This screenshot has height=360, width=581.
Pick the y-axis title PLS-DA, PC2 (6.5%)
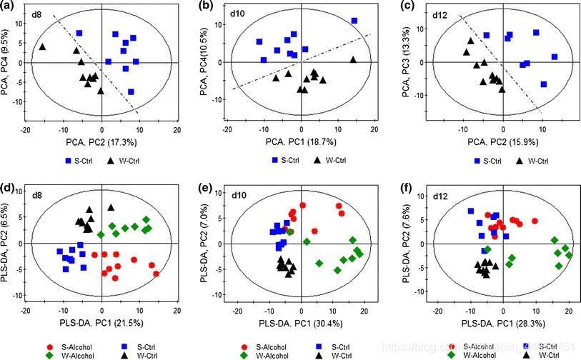[x=8, y=241]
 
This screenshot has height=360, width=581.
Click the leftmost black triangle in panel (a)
[x=43, y=47]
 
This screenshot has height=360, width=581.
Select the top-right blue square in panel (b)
[x=354, y=21]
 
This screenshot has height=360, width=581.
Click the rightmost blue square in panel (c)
[x=554, y=57]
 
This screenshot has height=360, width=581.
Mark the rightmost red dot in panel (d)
[x=156, y=274]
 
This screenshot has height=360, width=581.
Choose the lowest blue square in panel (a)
[x=131, y=92]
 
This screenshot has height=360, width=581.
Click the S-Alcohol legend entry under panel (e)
[x=264, y=344]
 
